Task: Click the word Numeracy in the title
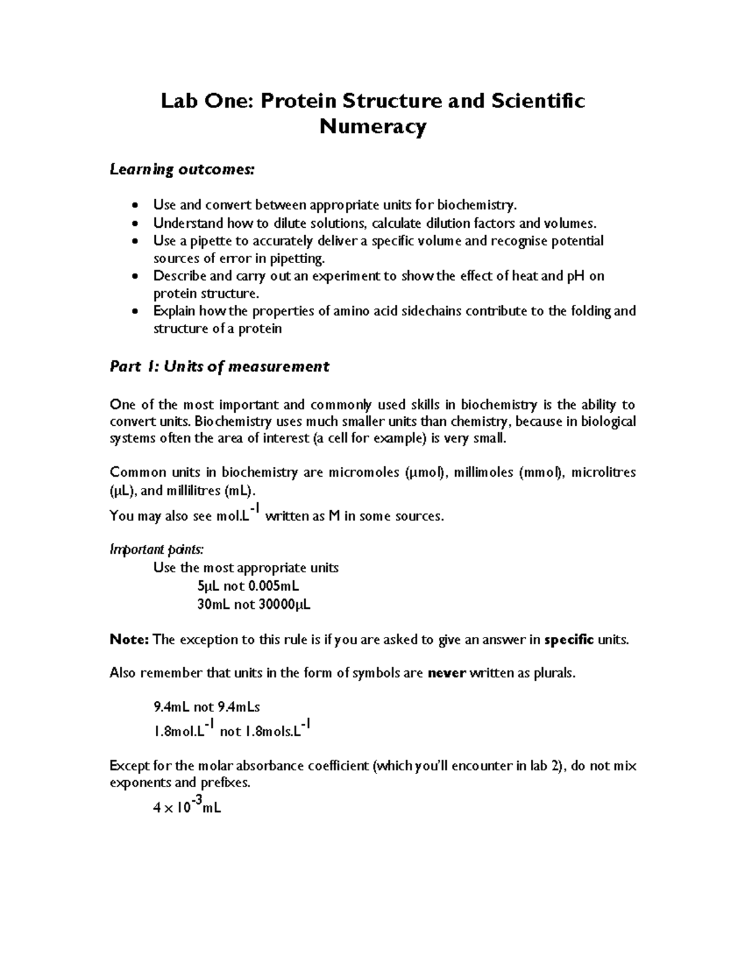(x=372, y=127)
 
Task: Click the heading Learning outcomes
(x=182, y=169)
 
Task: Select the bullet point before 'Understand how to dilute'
(x=136, y=223)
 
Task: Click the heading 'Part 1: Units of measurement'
(x=219, y=367)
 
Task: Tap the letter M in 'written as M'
(x=333, y=516)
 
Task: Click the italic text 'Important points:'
(x=156, y=550)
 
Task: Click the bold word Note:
(x=129, y=640)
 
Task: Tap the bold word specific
(x=569, y=640)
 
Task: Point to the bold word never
(x=447, y=673)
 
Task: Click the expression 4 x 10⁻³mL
(x=187, y=808)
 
